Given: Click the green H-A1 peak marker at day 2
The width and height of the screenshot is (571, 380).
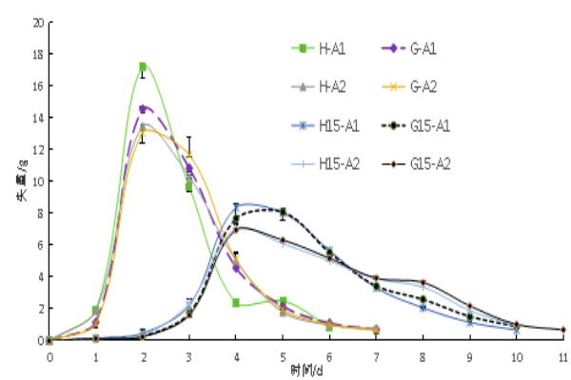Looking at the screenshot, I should pyautogui.click(x=143, y=66).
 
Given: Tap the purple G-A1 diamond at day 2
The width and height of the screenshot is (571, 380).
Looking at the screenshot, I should pyautogui.click(x=143, y=108).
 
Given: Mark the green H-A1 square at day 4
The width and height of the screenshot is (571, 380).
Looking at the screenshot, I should pyautogui.click(x=235, y=303).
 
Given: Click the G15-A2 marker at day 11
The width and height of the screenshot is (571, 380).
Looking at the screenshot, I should pyautogui.click(x=562, y=330).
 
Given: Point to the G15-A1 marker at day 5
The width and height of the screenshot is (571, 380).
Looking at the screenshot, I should pyautogui.click(x=283, y=211).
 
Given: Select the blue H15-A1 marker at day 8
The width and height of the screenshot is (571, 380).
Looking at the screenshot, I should pyautogui.click(x=423, y=308).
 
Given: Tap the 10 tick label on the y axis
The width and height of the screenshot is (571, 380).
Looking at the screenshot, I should pyautogui.click(x=37, y=180).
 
